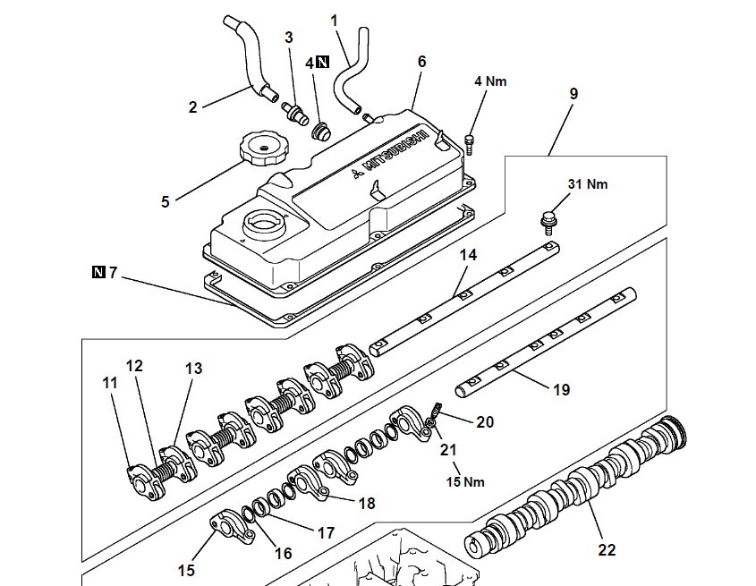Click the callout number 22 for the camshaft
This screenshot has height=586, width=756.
(607, 550)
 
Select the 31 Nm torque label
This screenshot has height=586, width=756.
(587, 184)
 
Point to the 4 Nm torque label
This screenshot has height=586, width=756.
(490, 81)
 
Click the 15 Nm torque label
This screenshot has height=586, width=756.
(465, 482)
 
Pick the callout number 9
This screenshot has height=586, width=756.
(573, 93)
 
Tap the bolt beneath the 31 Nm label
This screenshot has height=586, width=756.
(547, 219)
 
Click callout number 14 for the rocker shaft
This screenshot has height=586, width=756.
(469, 255)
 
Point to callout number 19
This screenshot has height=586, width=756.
(560, 390)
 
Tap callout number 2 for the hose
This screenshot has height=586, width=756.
(192, 107)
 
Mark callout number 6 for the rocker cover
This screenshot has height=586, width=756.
(421, 62)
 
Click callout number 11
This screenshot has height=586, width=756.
(110, 384)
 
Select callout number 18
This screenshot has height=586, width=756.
(367, 504)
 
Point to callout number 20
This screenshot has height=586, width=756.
(485, 420)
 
